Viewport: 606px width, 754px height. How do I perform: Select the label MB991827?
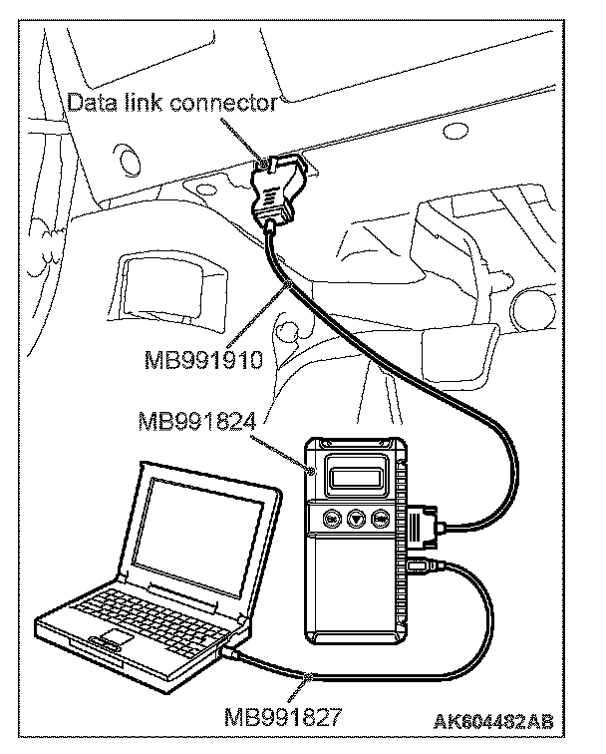(284, 715)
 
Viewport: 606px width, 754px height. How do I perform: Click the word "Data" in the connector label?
(90, 102)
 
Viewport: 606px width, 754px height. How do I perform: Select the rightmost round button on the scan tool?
(381, 519)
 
